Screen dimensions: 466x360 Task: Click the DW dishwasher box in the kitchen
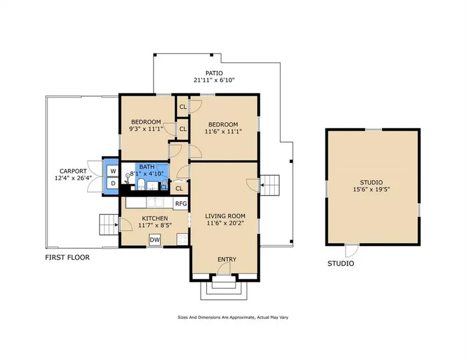155,240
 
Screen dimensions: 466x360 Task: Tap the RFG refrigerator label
181,203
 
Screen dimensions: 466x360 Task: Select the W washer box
113,171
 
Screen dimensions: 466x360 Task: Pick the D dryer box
113,184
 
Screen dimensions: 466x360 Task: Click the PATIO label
214,73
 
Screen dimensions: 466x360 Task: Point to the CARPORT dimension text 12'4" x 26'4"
73,178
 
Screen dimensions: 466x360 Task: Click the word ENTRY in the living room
227,259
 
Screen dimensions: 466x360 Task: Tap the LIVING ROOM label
225,216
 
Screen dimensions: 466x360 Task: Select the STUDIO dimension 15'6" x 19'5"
371,189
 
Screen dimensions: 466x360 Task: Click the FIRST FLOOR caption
67,258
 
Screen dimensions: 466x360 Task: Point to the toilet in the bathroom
141,184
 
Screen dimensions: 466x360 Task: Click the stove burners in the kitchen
182,239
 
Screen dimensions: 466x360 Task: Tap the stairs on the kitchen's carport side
109,224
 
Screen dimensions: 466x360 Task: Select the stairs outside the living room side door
270,185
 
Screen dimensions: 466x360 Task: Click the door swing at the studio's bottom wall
352,250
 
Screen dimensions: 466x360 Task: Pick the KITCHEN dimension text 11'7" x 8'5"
155,225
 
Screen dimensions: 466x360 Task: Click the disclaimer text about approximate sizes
233,318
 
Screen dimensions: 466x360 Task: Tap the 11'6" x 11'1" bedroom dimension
223,131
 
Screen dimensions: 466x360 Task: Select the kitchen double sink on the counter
155,202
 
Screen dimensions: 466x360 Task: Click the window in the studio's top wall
373,129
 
